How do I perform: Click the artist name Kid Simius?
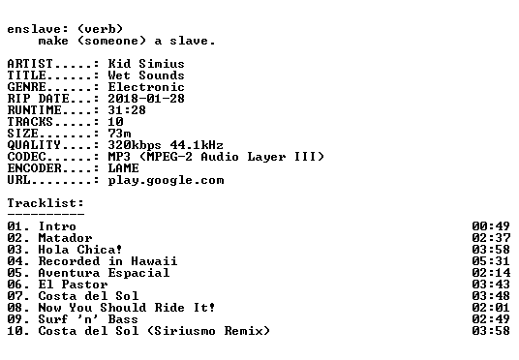tap(146, 64)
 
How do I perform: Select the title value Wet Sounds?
tap(146, 75)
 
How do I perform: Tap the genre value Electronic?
tap(146, 87)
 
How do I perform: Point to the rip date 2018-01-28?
tap(146, 99)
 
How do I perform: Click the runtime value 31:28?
tap(127, 110)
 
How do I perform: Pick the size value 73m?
tap(119, 133)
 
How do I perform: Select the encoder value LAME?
tap(123, 168)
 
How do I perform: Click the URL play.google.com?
tap(166, 180)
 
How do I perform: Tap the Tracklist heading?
tap(46, 203)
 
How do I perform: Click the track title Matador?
tap(65, 238)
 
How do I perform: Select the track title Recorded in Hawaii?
tap(107, 261)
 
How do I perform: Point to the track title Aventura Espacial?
tap(104, 273)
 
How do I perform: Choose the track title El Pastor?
tap(73, 285)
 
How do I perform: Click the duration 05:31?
tap(491, 261)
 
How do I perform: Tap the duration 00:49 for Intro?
tap(491, 226)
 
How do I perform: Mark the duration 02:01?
tap(491, 308)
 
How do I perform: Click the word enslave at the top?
tap(34, 29)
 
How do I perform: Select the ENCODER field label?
tap(34, 168)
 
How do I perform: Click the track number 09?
tap(15, 319)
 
